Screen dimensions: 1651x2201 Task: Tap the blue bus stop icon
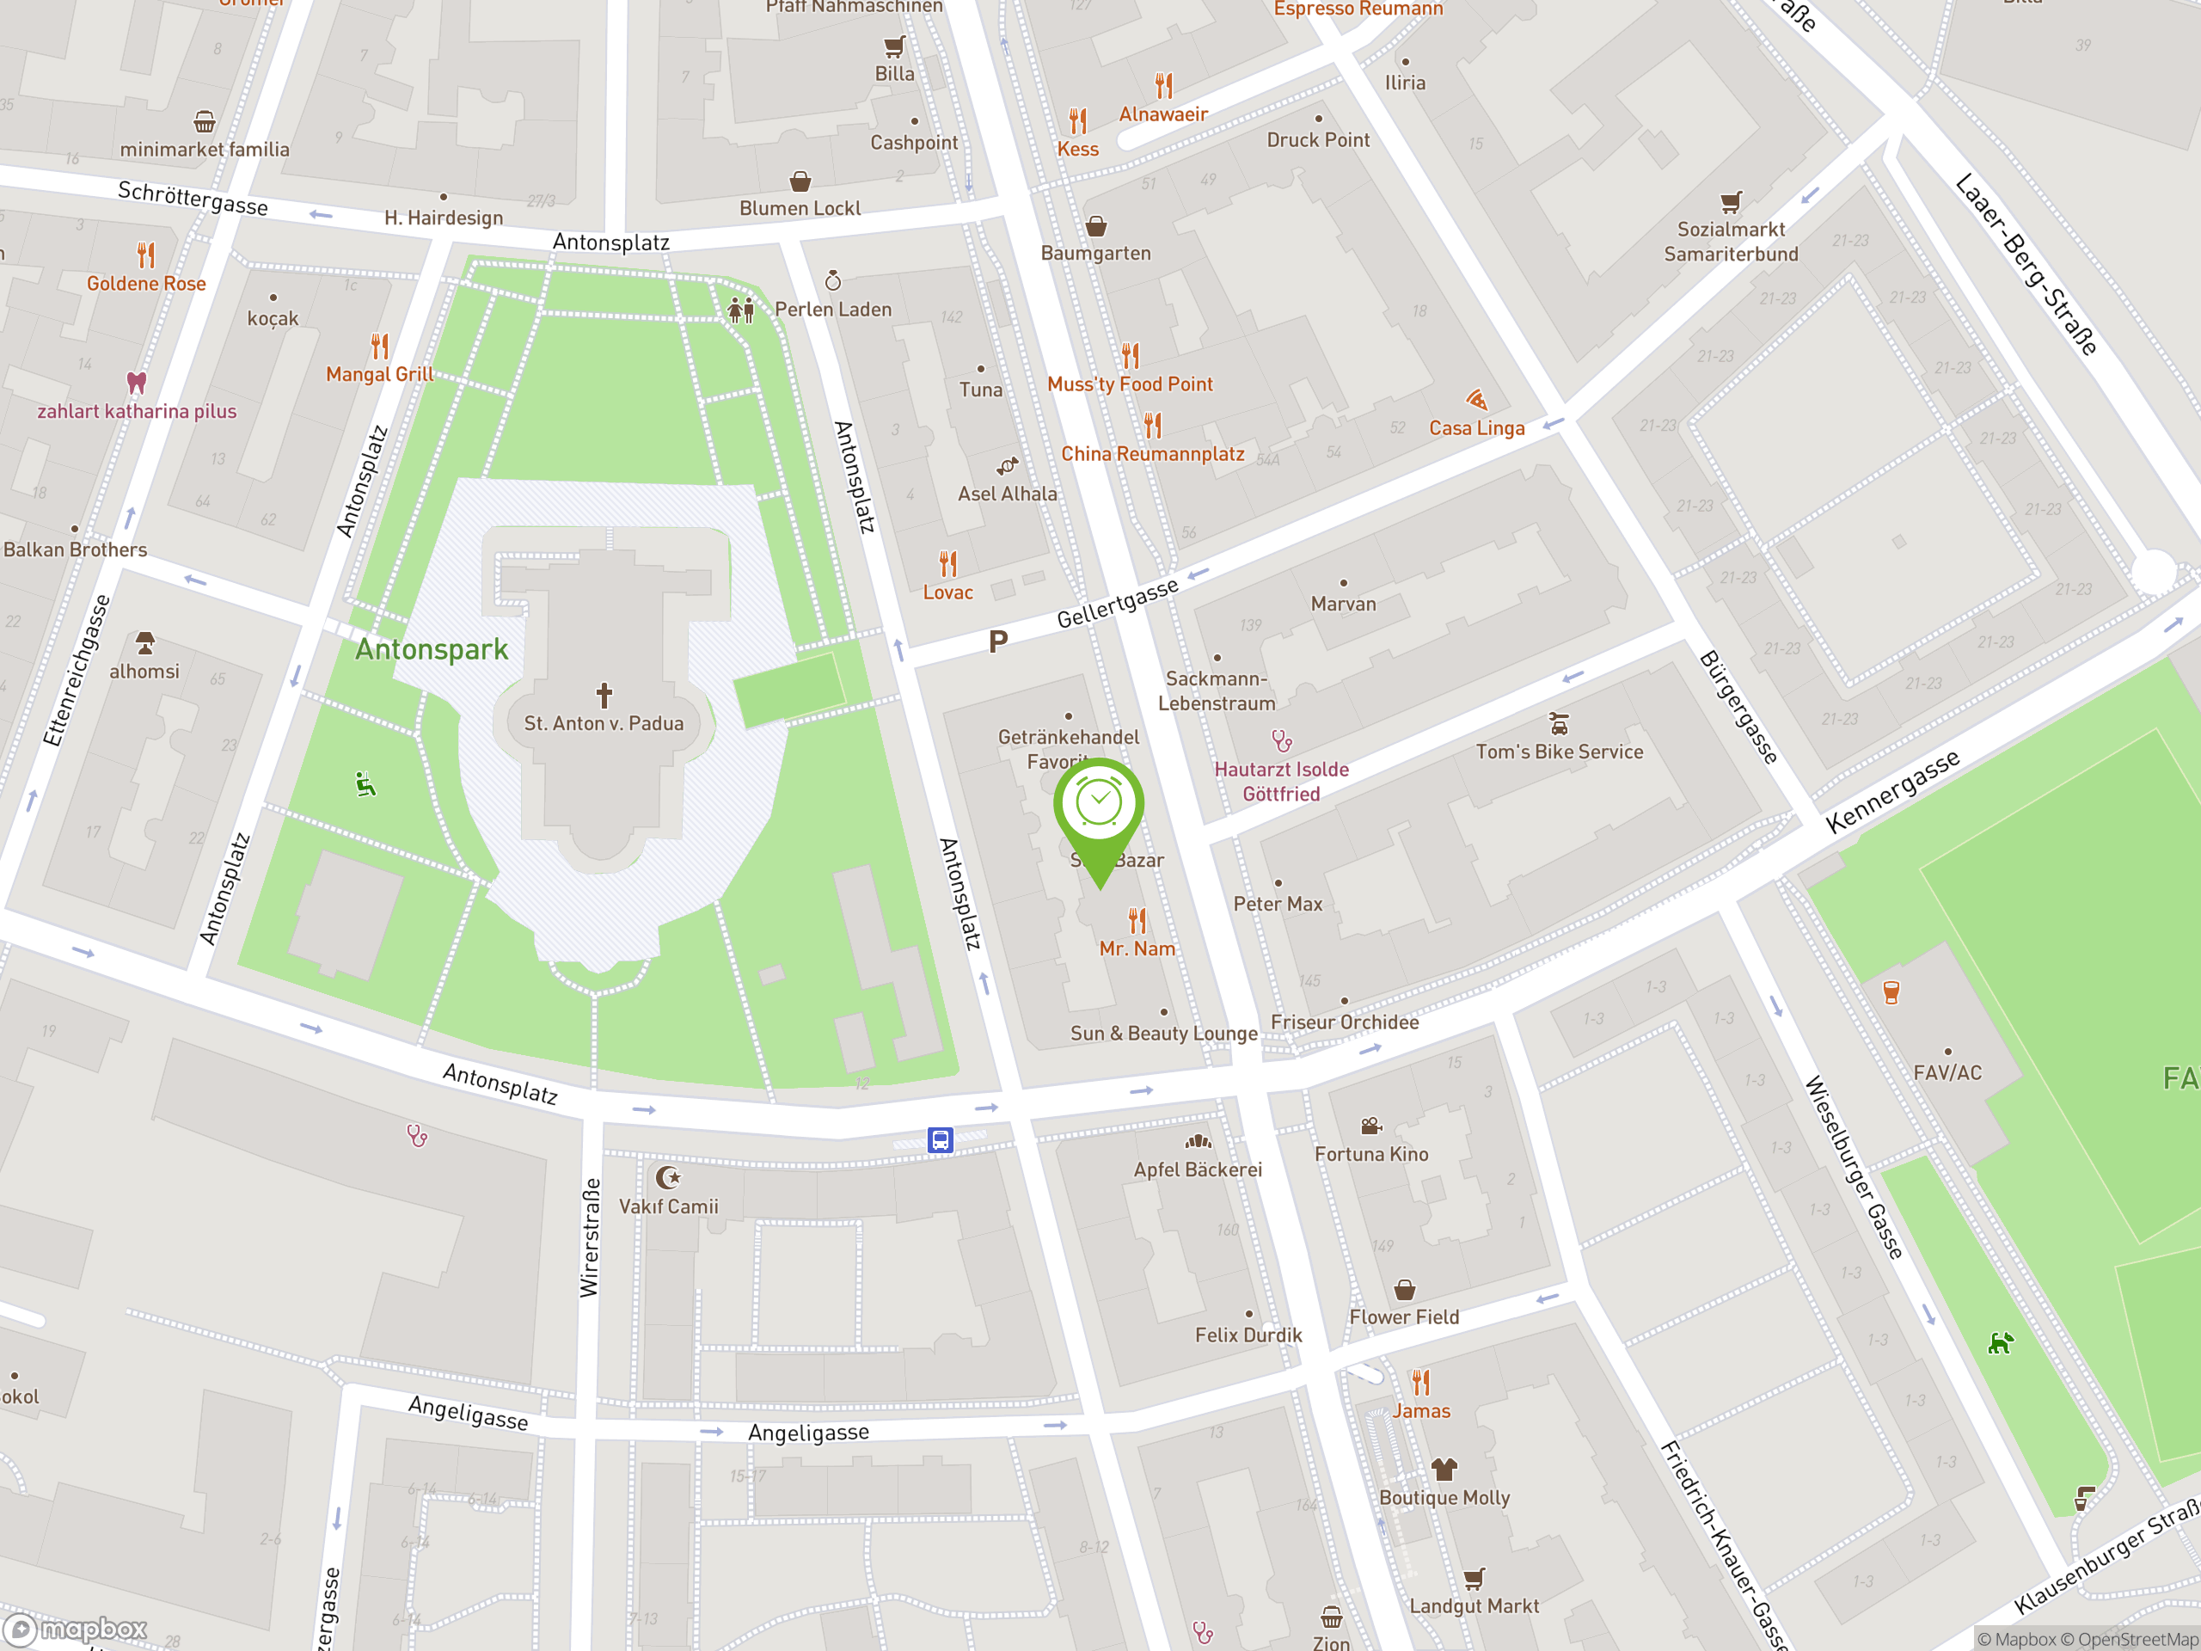tap(941, 1139)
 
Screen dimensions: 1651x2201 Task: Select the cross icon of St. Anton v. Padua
tap(604, 694)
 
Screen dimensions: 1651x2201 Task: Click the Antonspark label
tap(432, 650)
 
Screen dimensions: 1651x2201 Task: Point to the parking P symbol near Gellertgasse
tap(998, 641)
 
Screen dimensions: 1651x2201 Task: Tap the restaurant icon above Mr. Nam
tap(1137, 919)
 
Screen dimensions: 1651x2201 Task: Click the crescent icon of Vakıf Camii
tap(669, 1178)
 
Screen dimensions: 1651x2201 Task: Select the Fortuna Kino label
tap(1371, 1154)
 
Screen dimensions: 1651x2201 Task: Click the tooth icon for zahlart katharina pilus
tap(138, 382)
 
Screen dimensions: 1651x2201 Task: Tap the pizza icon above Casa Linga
tap(1476, 400)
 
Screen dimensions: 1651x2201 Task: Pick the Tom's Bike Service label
tap(1560, 752)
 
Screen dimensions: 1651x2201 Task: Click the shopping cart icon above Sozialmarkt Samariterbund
tap(1732, 202)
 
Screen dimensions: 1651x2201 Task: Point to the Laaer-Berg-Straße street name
tap(2026, 264)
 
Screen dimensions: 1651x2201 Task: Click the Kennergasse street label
tap(1892, 791)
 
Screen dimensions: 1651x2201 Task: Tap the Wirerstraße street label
tap(590, 1238)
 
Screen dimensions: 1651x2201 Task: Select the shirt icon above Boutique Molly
tap(1444, 1469)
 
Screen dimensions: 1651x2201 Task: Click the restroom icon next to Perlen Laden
tap(741, 310)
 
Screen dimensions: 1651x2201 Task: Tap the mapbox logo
tap(76, 1630)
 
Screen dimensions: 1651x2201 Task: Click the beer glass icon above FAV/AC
tap(1891, 992)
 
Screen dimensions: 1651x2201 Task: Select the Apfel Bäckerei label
tap(1198, 1170)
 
